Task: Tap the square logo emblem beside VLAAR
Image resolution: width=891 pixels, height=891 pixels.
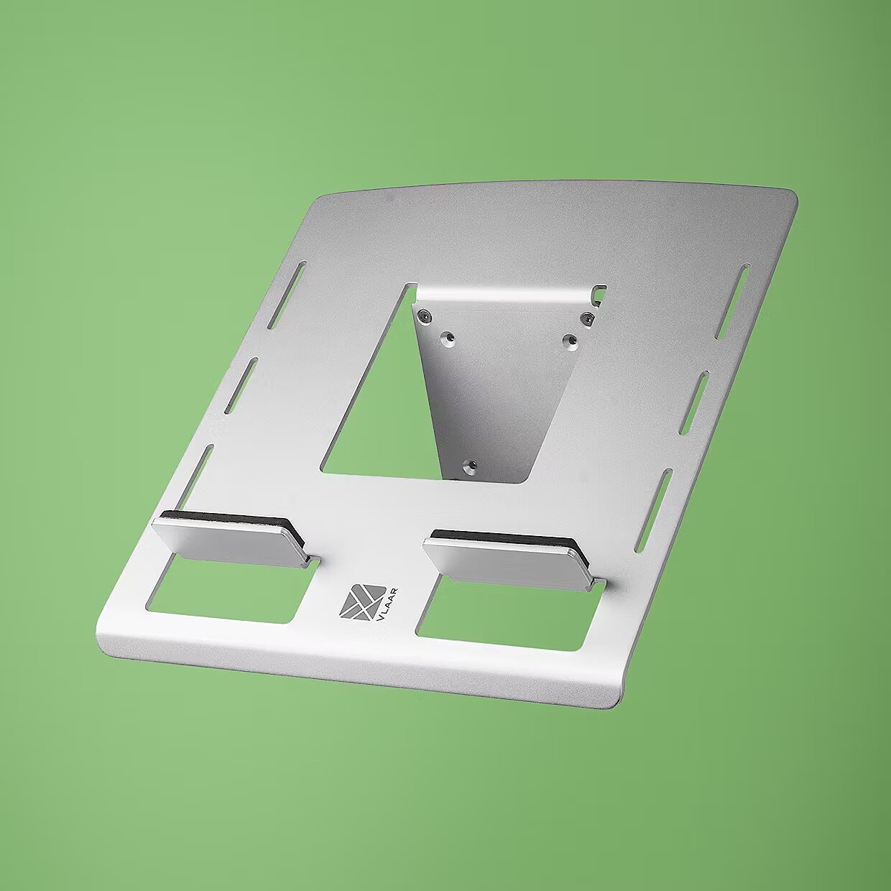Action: coord(363,601)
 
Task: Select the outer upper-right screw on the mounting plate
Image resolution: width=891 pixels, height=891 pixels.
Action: coord(588,317)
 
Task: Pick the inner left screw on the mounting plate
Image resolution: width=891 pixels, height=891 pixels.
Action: coord(448,338)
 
